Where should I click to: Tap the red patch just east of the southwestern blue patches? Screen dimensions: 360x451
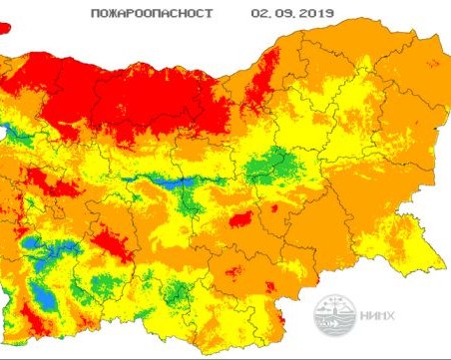coord(110,244)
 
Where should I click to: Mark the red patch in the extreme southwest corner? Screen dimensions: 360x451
coord(29,324)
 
